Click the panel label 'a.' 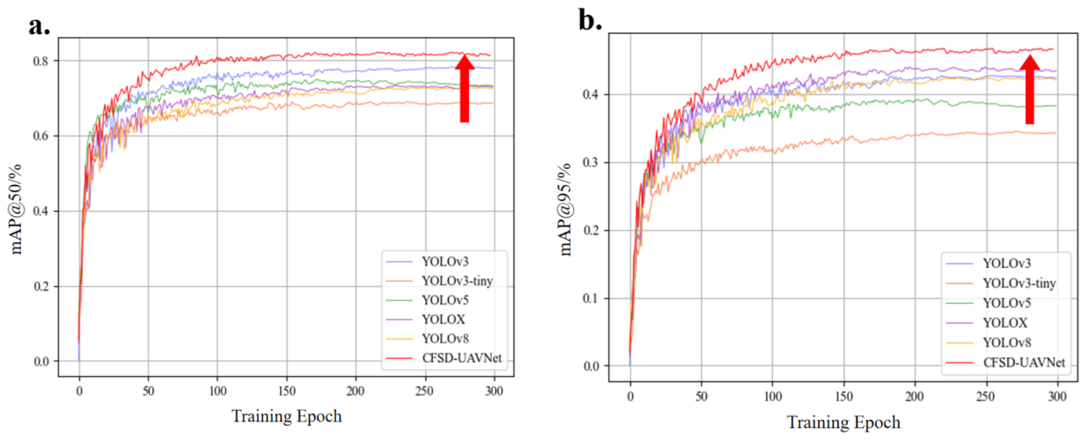pos(39,26)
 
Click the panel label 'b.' pos(590,20)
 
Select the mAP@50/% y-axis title pos(16,210)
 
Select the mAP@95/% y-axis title pos(565,210)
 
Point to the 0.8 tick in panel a pos(41,61)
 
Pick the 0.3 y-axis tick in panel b pos(591,163)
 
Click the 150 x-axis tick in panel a pos(287,391)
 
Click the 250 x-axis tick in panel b pos(986,397)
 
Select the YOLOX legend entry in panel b pos(1005,323)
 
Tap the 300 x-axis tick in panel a pos(494,391)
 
